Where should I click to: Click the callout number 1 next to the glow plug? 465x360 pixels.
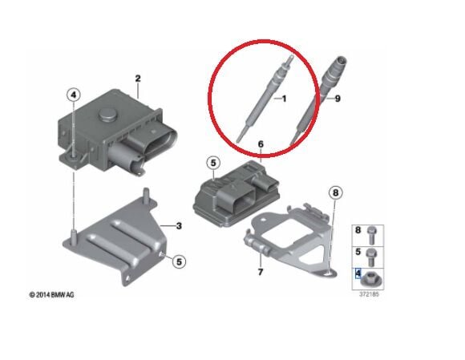point(284,99)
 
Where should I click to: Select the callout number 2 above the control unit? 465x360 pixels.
point(138,79)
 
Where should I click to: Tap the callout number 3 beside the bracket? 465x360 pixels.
point(179,226)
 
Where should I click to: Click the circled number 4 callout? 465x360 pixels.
point(74,95)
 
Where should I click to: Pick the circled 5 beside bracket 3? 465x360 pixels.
point(179,262)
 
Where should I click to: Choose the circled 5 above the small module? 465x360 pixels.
point(213,163)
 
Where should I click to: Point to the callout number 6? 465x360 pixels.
point(261,144)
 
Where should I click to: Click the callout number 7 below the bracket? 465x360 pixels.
point(261,272)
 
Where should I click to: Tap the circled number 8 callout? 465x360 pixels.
point(335,193)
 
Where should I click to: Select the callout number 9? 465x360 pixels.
point(338,99)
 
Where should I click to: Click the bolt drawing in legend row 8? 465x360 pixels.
point(371,236)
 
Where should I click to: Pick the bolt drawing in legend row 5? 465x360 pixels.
point(371,257)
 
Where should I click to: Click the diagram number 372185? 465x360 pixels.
point(369,294)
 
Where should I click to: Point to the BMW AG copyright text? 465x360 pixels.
point(51,295)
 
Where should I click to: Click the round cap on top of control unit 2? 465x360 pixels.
point(107,114)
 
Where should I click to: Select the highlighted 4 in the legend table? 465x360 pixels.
point(358,273)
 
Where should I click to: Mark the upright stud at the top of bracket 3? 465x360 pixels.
point(146,194)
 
